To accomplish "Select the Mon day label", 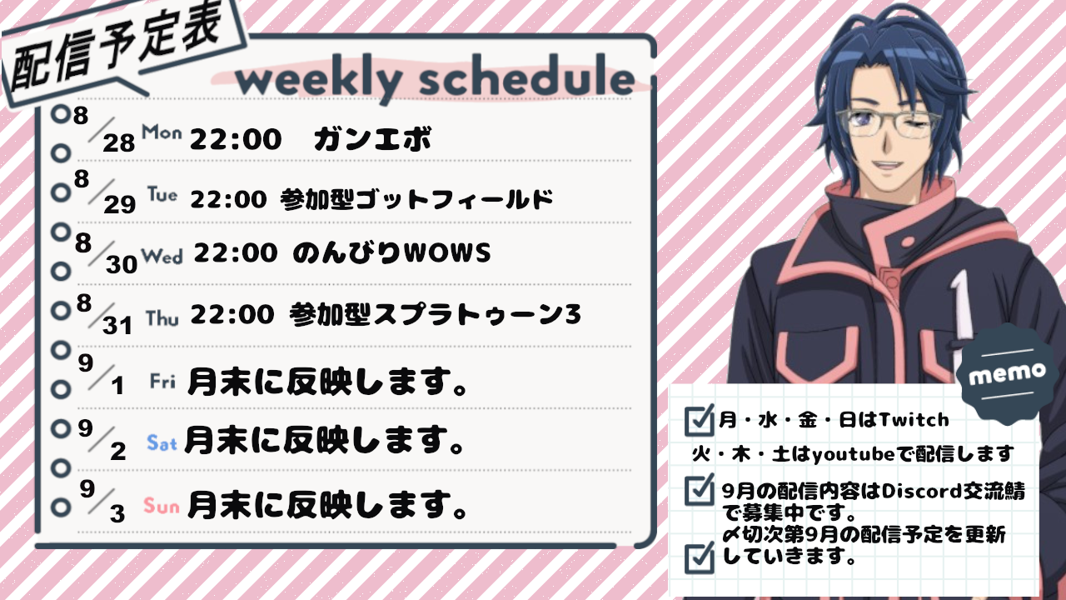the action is (162, 132).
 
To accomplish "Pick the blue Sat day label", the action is (162, 442).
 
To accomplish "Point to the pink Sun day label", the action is (162, 505).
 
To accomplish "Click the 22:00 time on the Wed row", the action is (236, 252).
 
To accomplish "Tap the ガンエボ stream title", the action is (372, 138).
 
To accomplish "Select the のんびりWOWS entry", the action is (391, 252).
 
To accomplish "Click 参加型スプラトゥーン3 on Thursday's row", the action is (435, 314).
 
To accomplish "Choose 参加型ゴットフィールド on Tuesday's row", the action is (417, 199).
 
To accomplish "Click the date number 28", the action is (119, 142).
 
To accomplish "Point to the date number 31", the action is (117, 326).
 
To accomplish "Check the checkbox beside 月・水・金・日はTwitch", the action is (699, 421).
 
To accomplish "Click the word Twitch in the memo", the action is (914, 419).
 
